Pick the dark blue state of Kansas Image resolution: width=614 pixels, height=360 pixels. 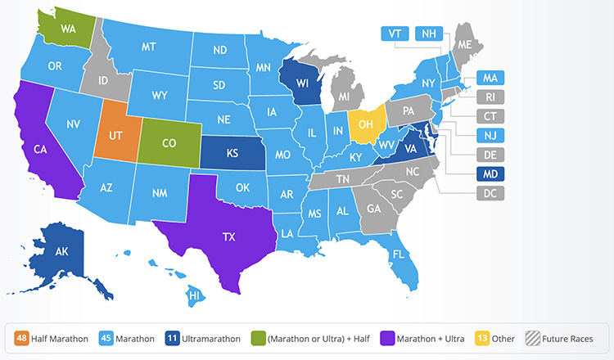232,153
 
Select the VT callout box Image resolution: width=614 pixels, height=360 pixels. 395,34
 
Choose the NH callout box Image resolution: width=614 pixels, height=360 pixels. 429,34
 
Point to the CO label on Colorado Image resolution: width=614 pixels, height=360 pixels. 169,142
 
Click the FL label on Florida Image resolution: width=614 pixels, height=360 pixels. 398,254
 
